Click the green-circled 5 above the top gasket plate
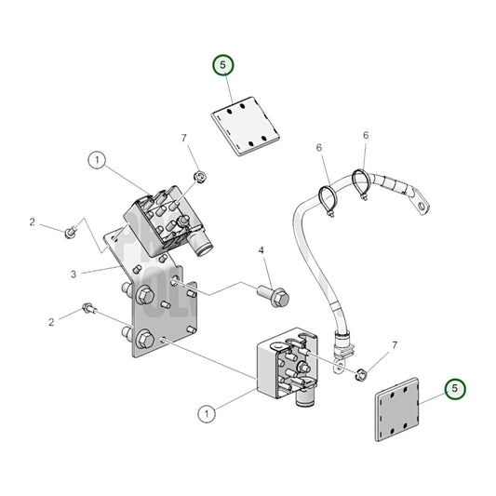click(x=224, y=66)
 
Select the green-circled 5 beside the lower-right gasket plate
click(x=454, y=389)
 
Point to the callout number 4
click(x=261, y=250)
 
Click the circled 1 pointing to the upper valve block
click(x=98, y=160)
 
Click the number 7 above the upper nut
click(x=184, y=138)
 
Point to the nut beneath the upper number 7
click(x=198, y=175)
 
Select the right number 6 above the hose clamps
click(x=366, y=135)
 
